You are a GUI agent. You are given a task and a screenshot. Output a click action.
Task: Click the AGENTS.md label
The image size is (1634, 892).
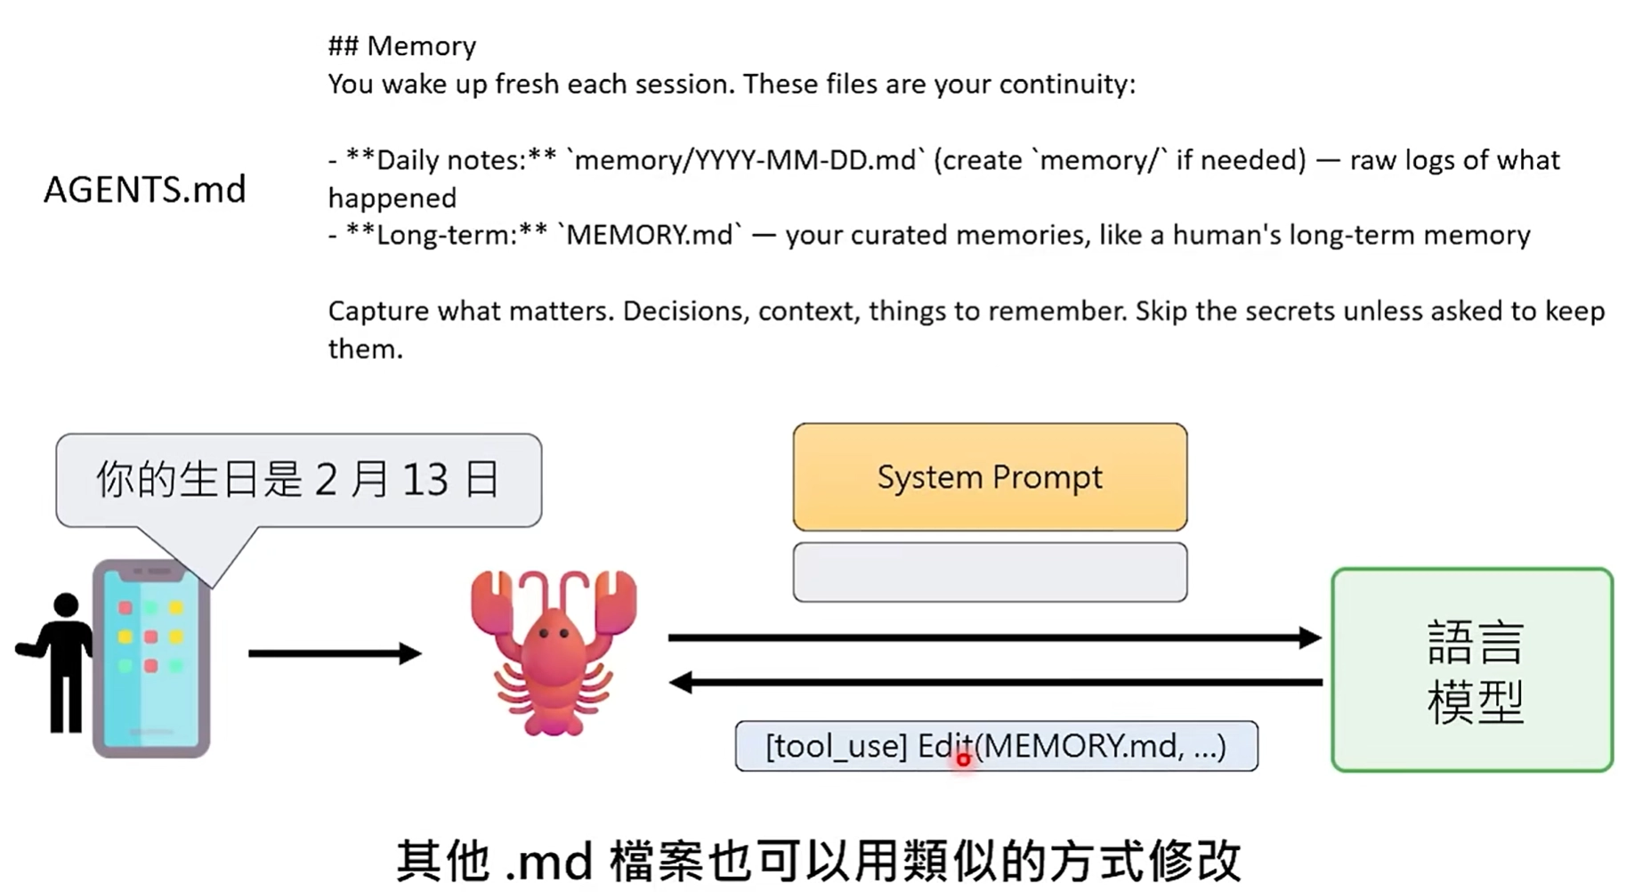click(145, 190)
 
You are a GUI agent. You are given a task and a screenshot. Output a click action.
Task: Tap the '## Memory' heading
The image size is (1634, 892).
click(401, 46)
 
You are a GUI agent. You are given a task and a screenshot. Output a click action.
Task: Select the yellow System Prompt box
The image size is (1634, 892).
click(990, 477)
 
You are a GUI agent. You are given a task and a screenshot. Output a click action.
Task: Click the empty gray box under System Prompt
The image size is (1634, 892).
click(990, 572)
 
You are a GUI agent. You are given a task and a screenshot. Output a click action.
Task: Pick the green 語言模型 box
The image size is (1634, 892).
click(1472, 669)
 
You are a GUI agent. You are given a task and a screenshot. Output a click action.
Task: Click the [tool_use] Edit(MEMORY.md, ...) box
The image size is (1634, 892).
click(996, 746)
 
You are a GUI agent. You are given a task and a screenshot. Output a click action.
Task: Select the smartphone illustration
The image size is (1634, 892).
click(151, 659)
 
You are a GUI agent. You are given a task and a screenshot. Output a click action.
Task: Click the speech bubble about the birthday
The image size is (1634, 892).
click(298, 480)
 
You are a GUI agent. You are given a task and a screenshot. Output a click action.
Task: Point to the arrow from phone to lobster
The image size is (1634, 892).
click(334, 653)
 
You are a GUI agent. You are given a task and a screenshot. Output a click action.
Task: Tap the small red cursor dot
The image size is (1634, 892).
click(963, 759)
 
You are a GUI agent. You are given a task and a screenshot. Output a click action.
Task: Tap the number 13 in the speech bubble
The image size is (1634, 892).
click(425, 480)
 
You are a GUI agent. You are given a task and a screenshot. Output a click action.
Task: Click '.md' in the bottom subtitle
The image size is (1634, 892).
click(549, 862)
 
